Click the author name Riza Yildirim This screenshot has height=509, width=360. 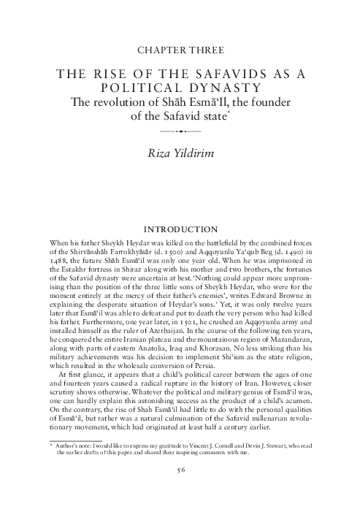[180, 151]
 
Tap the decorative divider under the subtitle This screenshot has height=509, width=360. [180, 131]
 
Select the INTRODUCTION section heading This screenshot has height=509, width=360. [180, 229]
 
